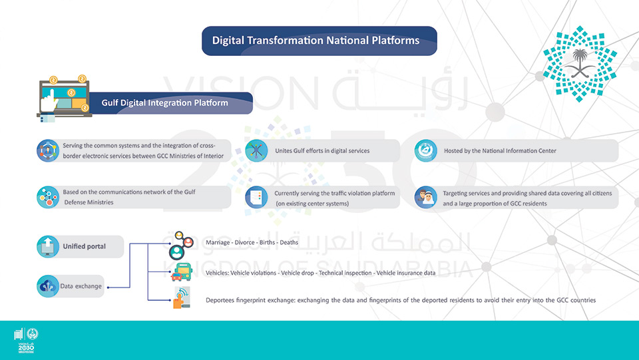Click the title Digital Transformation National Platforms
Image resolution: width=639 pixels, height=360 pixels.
coord(316,41)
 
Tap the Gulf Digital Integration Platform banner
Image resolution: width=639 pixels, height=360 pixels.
coord(164,102)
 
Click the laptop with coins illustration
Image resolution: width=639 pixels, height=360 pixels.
coord(64,98)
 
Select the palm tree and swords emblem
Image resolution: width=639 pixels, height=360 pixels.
coord(580,64)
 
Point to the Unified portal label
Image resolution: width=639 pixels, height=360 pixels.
coord(84,246)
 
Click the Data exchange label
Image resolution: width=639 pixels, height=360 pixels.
coord(81,286)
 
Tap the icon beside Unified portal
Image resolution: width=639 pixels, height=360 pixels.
coord(48,246)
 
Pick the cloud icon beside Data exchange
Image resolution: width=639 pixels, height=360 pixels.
coord(48,286)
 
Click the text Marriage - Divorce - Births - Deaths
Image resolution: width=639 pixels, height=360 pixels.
coord(252,242)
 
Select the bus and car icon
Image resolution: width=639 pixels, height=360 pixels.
coord(182,272)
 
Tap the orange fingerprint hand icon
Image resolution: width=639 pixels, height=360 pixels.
coord(181,297)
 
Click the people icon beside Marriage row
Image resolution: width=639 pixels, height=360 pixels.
coord(180,246)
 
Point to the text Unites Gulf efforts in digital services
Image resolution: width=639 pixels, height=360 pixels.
coord(322,150)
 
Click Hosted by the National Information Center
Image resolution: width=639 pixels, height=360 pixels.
coord(500,150)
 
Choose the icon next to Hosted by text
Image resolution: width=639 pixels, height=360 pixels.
coord(425,150)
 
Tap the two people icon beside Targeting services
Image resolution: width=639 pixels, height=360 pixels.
coord(425,197)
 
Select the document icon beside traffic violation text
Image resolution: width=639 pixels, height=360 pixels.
coord(256,197)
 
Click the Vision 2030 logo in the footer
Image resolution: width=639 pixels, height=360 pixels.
coord(26,340)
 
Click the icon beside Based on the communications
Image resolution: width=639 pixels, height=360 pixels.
coord(48,197)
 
